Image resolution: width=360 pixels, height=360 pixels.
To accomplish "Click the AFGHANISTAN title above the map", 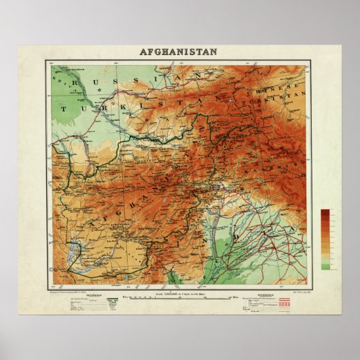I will click(179, 52).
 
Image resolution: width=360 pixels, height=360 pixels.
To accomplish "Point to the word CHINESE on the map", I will click(266, 90).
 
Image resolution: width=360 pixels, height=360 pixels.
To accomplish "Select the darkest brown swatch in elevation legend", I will click(326, 213).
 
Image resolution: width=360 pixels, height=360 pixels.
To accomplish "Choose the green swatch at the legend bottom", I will click(326, 266).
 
